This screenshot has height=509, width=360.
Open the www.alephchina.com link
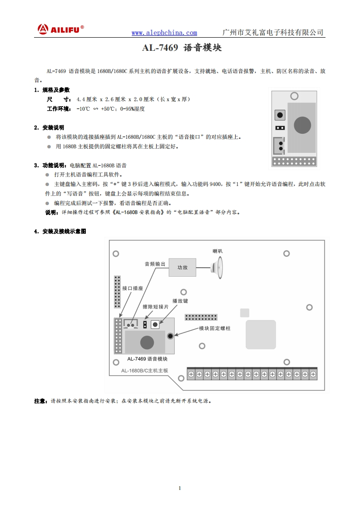(164, 33)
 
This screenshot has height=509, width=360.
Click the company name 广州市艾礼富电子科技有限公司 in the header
(273, 33)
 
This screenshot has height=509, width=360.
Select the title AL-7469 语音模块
(182, 48)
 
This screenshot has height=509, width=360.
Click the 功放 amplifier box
(182, 268)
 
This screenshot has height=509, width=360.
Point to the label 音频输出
(155, 264)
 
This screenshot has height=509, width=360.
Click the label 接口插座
(133, 288)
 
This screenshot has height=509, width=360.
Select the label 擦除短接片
(155, 307)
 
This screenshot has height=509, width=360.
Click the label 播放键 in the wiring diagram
(180, 301)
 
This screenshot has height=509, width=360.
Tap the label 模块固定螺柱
(215, 328)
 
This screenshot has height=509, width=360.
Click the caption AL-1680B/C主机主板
(144, 371)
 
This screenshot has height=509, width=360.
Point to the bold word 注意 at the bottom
(40, 401)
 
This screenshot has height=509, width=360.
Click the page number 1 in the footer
(180, 488)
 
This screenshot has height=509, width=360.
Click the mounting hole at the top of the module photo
(294, 96)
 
